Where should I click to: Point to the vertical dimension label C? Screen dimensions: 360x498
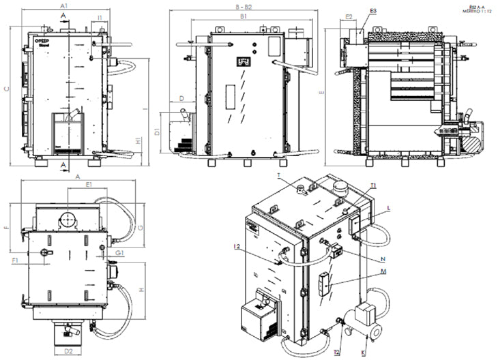[x=6, y=89]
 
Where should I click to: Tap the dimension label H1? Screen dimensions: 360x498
[x=138, y=140]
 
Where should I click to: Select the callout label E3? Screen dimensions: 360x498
[x=372, y=12]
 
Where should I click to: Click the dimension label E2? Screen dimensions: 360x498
[x=349, y=17]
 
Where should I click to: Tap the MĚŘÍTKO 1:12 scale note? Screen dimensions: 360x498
[x=476, y=10]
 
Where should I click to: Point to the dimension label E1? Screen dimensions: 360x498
[x=89, y=184]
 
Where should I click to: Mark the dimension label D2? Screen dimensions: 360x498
[x=68, y=351]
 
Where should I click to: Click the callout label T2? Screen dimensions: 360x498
[x=336, y=352]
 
